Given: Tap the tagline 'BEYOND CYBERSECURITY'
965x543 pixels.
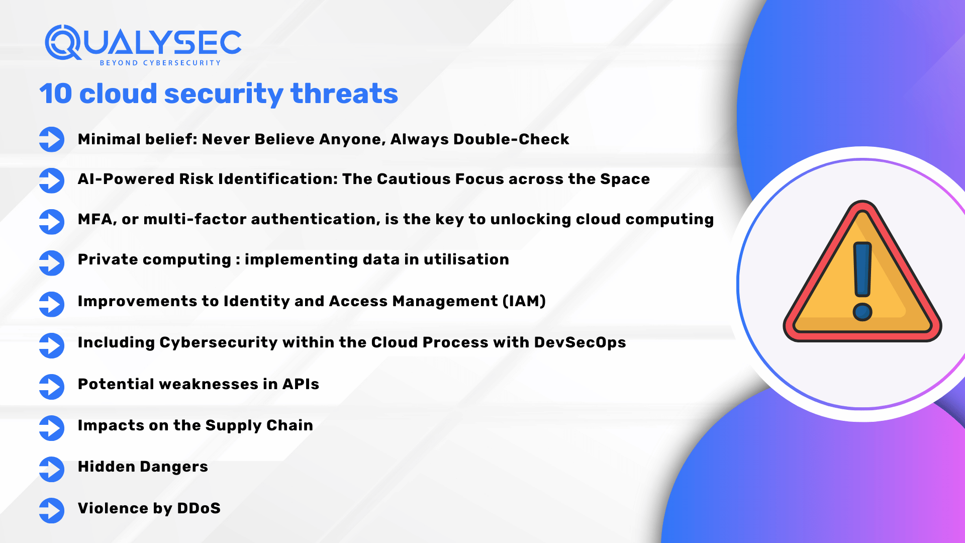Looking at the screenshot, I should (x=160, y=63).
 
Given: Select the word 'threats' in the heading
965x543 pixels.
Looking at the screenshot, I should (x=344, y=94).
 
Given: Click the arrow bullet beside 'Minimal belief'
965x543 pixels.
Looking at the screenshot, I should (x=52, y=139).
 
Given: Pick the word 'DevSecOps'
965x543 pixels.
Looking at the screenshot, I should (x=580, y=342).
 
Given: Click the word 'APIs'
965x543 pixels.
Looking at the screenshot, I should (x=301, y=384).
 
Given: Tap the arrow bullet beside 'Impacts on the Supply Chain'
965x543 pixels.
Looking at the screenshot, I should (x=52, y=428).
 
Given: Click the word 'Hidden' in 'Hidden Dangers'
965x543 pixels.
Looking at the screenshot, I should (x=107, y=467).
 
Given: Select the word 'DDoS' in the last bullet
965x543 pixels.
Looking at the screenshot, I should (x=199, y=508).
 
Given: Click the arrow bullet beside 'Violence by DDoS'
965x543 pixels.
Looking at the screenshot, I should (x=52, y=510).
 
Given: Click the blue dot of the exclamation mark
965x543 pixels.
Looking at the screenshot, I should (x=862, y=312).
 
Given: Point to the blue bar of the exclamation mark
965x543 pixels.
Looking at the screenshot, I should (x=862, y=269).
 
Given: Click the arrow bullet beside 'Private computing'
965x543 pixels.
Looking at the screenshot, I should (x=52, y=263).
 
